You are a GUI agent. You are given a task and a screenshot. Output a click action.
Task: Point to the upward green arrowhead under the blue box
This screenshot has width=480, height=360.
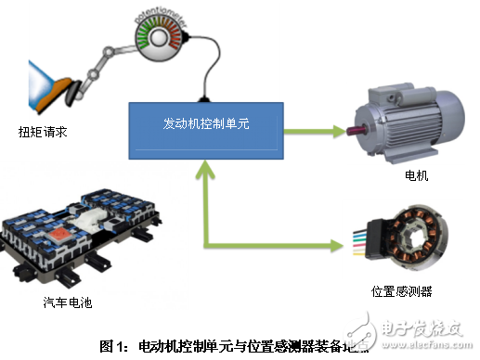(x=203, y=168)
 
